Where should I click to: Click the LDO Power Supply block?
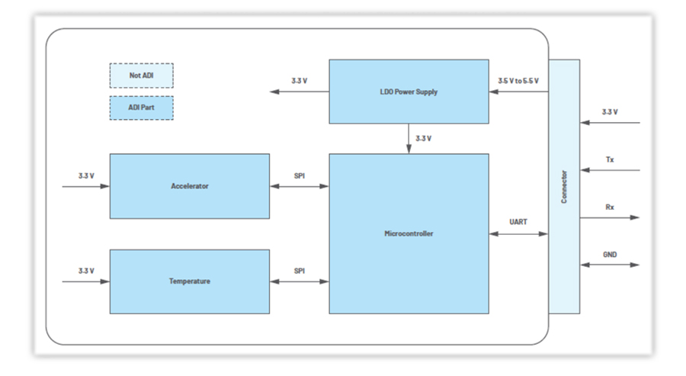pos(408,92)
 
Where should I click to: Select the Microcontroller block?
pos(408,233)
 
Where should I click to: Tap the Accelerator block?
pos(189,186)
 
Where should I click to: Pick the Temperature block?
pos(189,281)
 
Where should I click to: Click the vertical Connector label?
pos(564,186)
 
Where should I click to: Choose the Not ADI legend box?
pos(141,76)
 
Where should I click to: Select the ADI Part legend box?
pos(141,108)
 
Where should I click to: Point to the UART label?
pos(518,222)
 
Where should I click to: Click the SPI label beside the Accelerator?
pos(300,175)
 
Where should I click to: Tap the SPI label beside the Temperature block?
pos(300,271)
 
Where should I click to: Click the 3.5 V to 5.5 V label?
pos(518,80)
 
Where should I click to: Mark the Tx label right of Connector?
pos(609,159)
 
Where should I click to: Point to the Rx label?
pos(609,207)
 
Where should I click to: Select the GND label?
pos(609,254)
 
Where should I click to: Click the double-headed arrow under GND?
pos(609,265)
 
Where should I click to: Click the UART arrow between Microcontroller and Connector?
pos(518,233)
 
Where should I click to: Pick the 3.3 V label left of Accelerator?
pos(86,175)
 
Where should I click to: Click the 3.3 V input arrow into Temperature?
pos(86,281)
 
